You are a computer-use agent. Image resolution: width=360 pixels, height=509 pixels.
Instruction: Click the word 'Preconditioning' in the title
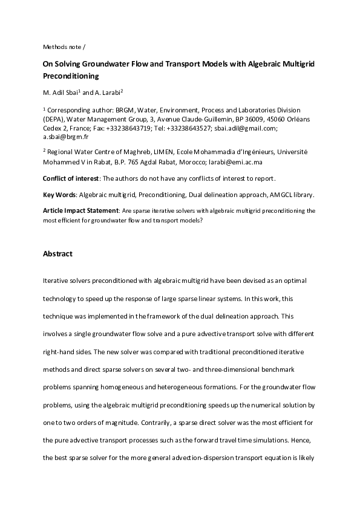click(70, 77)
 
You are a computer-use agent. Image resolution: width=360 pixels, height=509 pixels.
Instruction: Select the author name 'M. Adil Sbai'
click(61, 93)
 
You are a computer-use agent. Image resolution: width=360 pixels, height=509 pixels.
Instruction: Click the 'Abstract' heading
click(57, 254)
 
